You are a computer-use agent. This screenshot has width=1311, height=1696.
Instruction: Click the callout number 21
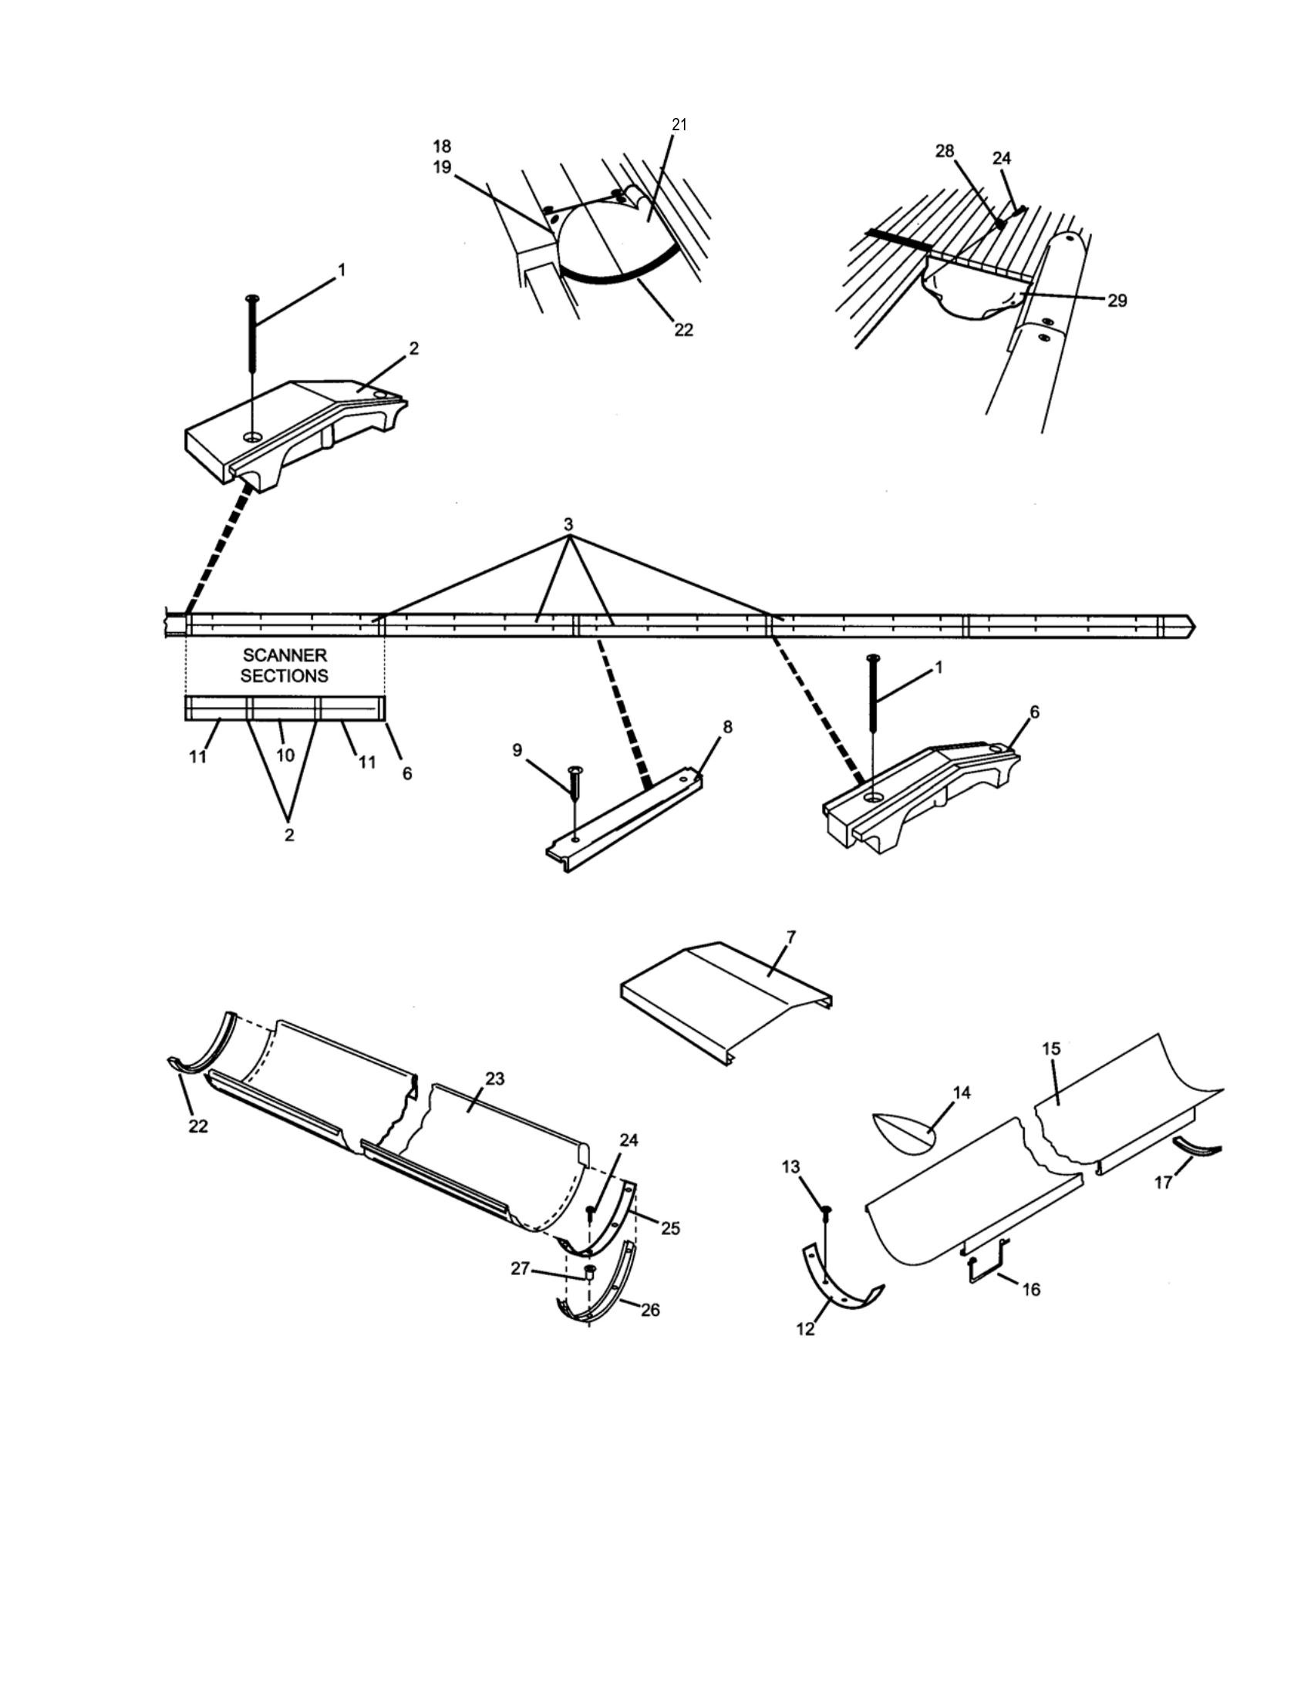tap(679, 125)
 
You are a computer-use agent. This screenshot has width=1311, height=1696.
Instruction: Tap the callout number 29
tap(1117, 301)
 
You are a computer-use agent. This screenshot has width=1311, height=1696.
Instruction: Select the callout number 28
tap(945, 150)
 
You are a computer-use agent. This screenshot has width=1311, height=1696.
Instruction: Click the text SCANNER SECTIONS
tap(285, 665)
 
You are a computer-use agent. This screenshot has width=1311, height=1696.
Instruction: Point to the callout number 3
tap(569, 524)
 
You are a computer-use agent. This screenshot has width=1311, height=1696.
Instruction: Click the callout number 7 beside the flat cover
tap(790, 937)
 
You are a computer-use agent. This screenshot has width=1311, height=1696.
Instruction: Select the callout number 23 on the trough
tap(495, 1079)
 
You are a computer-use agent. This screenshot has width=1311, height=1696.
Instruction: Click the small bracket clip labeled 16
tap(986, 1270)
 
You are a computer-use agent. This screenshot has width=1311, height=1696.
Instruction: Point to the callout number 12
tap(805, 1329)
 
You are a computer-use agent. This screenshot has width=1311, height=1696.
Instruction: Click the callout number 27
tap(520, 1268)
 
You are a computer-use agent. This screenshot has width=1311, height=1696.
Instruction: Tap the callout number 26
tap(650, 1309)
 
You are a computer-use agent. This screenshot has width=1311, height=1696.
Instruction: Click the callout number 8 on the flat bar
tap(728, 728)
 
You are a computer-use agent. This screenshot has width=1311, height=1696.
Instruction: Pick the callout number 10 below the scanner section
tap(285, 754)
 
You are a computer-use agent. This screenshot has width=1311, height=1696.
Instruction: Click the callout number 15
tap(1051, 1048)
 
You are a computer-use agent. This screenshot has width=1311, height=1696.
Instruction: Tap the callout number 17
tap(1163, 1183)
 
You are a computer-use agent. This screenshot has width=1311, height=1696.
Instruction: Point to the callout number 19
tap(442, 167)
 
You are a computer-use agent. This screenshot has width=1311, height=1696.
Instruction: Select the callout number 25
tap(670, 1228)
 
